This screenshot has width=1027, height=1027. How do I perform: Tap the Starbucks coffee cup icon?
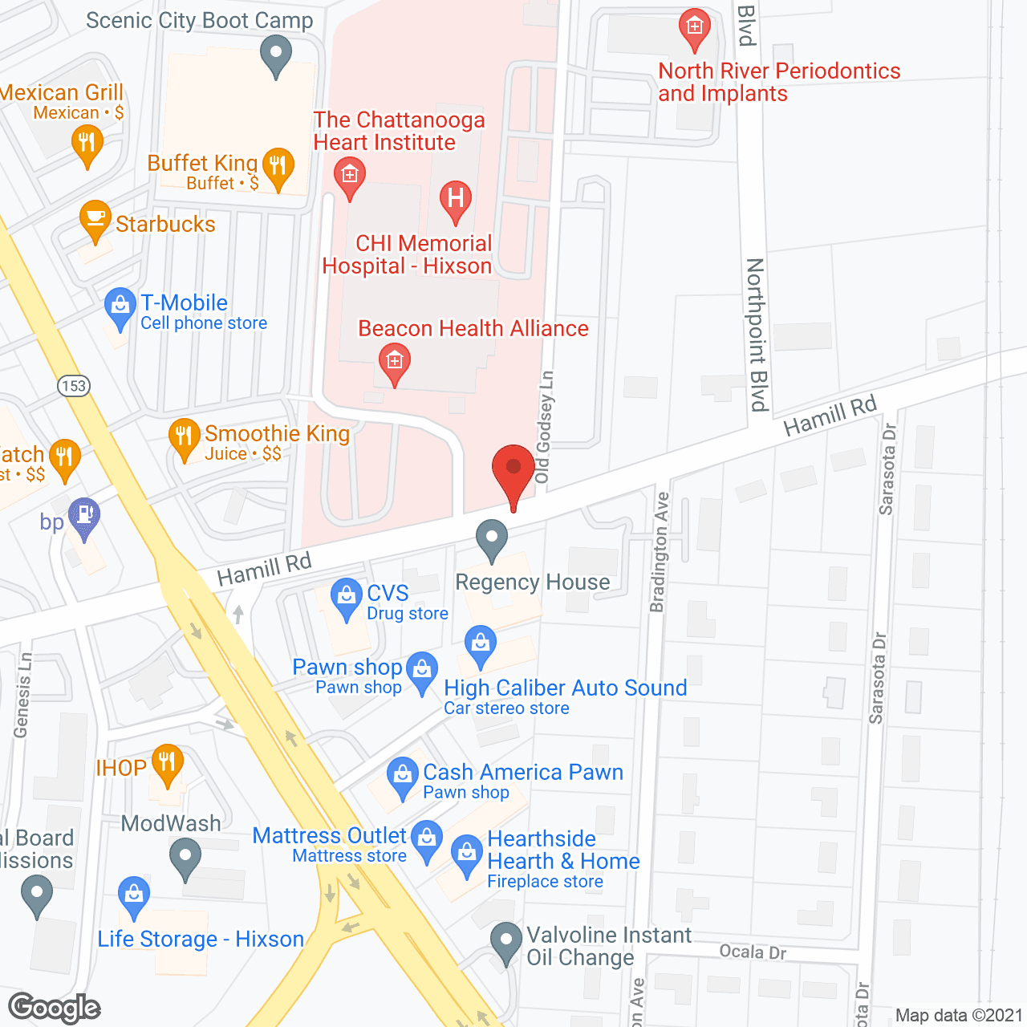[x=95, y=219]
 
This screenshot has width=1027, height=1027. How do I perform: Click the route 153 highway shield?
[x=74, y=386]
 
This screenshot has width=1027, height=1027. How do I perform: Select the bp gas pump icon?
[x=84, y=515]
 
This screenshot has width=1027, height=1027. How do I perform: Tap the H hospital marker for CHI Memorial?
[x=456, y=198]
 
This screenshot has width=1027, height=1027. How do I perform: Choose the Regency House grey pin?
[x=492, y=538]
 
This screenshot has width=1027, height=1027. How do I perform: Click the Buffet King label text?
[x=202, y=163]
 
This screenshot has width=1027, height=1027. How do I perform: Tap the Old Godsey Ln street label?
[x=545, y=427]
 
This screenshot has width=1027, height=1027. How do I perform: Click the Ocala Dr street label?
[x=753, y=952]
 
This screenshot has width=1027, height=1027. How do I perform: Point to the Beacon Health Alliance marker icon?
[x=394, y=362]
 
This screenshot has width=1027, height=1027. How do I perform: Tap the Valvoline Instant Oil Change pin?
[x=505, y=940]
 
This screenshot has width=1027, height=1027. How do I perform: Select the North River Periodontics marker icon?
[x=694, y=27]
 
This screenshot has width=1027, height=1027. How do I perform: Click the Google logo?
[x=55, y=1008]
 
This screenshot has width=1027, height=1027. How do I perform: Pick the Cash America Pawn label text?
[x=523, y=772]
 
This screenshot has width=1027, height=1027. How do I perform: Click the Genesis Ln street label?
[x=22, y=695]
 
